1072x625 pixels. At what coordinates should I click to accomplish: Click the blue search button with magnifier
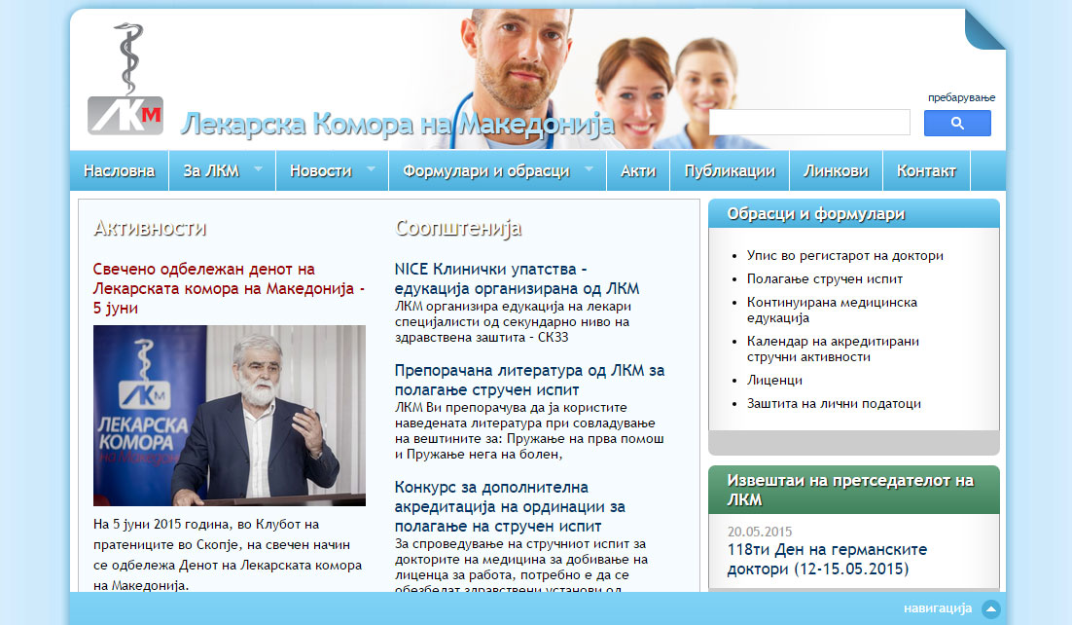tap(957, 124)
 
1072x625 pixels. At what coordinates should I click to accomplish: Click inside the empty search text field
tap(809, 123)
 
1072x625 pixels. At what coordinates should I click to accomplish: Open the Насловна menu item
tap(119, 171)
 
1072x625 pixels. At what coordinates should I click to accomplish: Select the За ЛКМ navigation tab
tap(222, 171)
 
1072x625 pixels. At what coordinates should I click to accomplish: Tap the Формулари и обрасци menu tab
tap(498, 171)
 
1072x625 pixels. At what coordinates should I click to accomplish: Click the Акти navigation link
tap(638, 171)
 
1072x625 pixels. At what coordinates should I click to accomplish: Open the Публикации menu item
tap(731, 171)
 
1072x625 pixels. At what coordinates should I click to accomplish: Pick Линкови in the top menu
tap(837, 171)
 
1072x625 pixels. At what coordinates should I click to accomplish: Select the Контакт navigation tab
tap(926, 171)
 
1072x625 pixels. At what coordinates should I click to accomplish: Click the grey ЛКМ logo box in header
tap(125, 115)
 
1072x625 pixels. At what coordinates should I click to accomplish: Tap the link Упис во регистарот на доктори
tap(845, 255)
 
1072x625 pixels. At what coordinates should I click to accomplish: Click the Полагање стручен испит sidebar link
tap(825, 279)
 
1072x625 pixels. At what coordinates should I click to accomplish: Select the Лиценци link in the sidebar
tap(774, 380)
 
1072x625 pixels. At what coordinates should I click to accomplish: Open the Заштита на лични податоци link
tap(834, 404)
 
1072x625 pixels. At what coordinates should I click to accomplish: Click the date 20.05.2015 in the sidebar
tap(760, 532)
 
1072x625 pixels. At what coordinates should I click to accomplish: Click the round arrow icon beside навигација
tap(990, 608)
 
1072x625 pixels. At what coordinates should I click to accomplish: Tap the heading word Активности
tap(150, 228)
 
